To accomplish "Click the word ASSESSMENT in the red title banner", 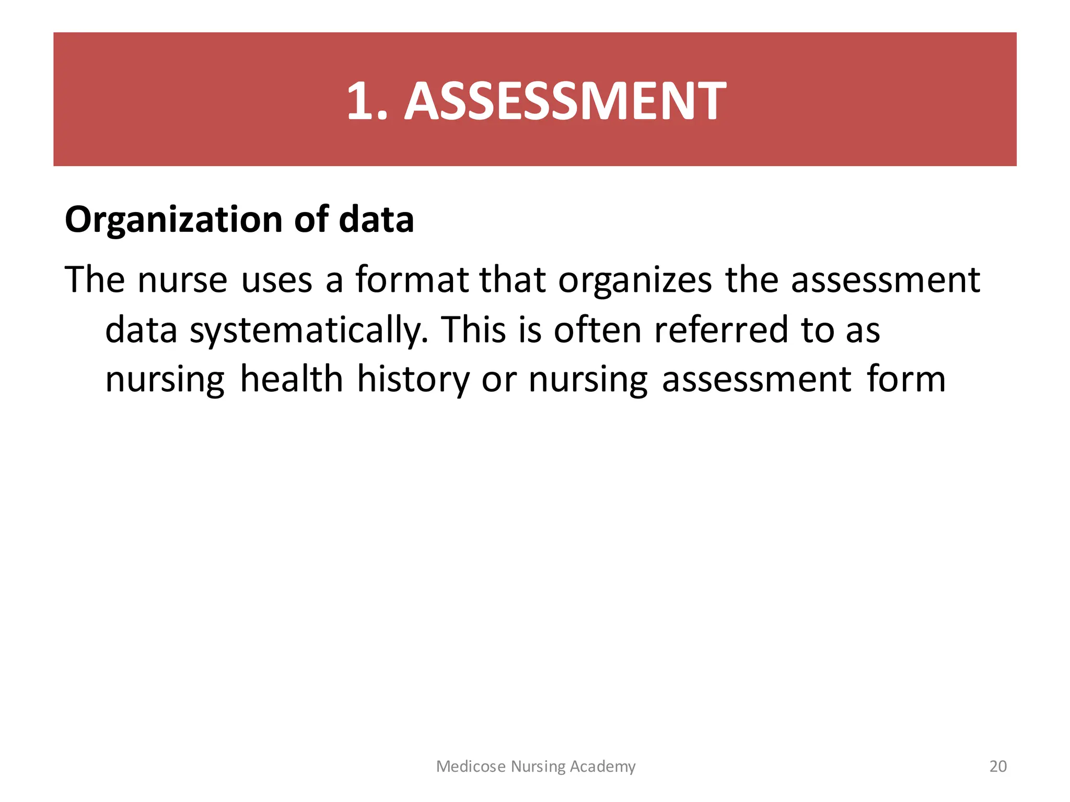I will pos(565,101).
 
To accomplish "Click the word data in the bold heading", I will pos(376,220).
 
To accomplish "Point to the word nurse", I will pos(182,280).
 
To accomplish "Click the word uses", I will pos(276,280).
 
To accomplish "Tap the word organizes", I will pos(635,280).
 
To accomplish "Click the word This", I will pos(473,331).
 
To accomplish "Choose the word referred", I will pos(721,331).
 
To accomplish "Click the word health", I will pos(292,380).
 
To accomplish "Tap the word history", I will pos(413,380).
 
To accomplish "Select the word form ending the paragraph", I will pos(906,380).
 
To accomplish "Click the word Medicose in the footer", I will pos(471,766).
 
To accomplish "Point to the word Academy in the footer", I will pos(602,766).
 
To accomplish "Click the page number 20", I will pos(998,766).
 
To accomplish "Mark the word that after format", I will pos(513,280).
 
